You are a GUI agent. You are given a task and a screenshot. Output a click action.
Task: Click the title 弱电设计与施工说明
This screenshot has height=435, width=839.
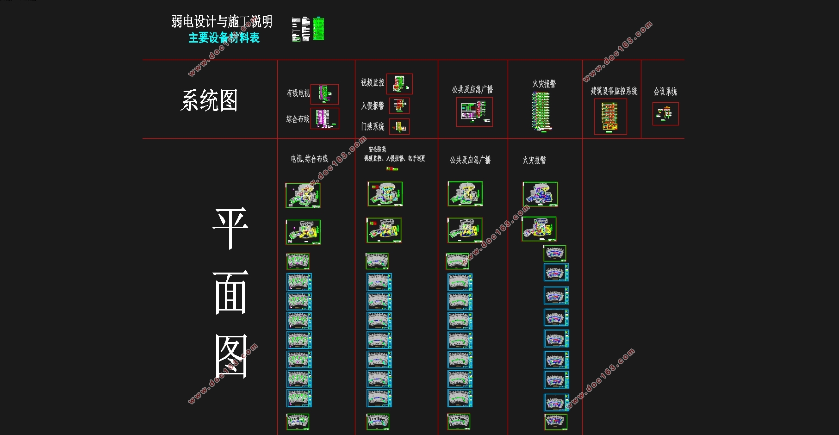pos(222,21)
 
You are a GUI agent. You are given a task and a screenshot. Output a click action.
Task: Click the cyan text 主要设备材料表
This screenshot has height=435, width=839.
pos(224,38)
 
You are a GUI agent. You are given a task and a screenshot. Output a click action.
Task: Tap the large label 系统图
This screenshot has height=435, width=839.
pos(209,100)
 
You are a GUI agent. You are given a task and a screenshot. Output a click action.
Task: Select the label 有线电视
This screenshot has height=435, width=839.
pos(298,93)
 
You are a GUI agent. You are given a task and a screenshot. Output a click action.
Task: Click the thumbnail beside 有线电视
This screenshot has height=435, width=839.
pos(324,94)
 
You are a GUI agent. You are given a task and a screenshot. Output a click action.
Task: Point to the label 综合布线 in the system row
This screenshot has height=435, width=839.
pos(298,119)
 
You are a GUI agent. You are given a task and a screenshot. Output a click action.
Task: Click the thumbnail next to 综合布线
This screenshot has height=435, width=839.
pos(324,118)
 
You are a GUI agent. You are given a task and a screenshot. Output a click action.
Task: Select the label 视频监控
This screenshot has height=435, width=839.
pos(373,82)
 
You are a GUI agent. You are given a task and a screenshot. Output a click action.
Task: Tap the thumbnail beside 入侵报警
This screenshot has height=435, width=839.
pos(399,106)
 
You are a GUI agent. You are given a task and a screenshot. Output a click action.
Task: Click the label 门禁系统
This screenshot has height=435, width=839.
pos(373,126)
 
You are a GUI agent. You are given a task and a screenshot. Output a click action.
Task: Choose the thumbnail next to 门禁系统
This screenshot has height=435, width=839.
pos(399,126)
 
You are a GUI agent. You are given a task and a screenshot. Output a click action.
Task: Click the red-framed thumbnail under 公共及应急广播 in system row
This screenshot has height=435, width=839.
pos(474,112)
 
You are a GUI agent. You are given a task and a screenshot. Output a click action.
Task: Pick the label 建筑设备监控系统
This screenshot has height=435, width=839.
pos(614,91)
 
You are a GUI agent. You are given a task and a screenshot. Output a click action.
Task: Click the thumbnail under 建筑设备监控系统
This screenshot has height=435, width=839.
pos(610,117)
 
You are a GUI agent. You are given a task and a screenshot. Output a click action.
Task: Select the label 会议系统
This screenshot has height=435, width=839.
pos(665,92)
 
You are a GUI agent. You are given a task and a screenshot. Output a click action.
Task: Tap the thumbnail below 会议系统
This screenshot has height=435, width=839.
pos(665,114)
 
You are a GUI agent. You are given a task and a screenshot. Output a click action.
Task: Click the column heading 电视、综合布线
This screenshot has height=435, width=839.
pos(310,159)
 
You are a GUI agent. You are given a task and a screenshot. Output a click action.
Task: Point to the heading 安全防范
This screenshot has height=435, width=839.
pos(377,149)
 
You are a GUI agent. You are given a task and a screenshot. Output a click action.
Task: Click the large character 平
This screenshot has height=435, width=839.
pos(230,229)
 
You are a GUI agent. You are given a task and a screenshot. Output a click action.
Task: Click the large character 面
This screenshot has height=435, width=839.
pos(230,292)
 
